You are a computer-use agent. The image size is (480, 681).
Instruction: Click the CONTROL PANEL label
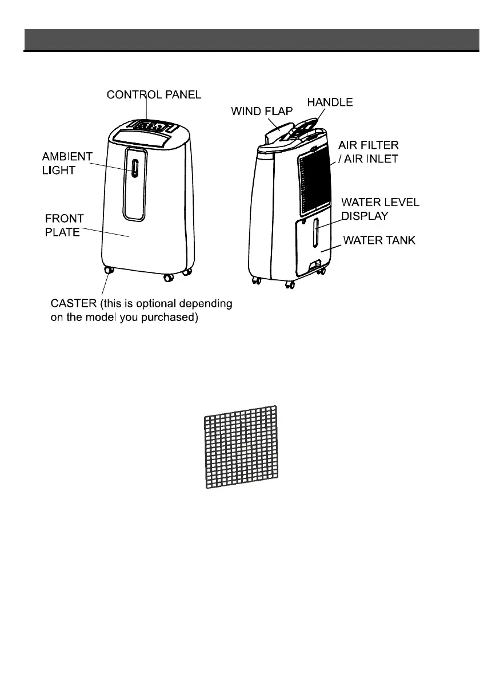[154, 94]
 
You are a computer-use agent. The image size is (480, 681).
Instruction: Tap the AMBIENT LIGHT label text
[67, 163]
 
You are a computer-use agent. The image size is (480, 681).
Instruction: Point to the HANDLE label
[330, 102]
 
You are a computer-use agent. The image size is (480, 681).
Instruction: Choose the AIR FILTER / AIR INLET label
[368, 152]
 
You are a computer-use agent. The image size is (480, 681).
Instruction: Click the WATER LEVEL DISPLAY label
[379, 209]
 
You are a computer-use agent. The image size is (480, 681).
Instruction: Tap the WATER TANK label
[379, 241]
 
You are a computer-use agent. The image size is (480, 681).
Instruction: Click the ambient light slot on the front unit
[134, 169]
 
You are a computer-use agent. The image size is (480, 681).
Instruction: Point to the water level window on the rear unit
[314, 235]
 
